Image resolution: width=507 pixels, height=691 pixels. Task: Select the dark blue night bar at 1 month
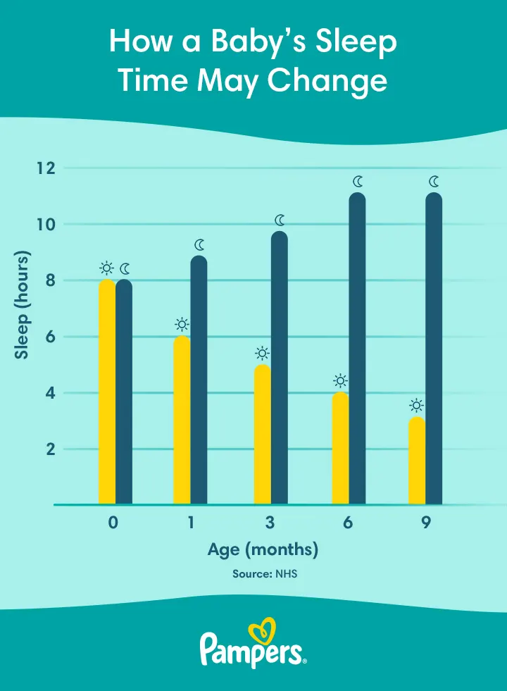click(199, 380)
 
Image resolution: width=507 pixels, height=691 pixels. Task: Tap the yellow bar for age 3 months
click(262, 434)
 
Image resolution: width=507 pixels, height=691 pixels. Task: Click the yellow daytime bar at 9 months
click(417, 461)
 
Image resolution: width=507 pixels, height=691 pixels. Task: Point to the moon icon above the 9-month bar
click(434, 182)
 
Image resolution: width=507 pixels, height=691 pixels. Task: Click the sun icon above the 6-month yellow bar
click(339, 381)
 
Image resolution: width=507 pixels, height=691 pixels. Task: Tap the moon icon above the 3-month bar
click(280, 220)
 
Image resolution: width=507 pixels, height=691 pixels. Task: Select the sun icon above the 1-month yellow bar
click(182, 324)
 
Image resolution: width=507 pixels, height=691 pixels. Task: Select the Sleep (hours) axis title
click(22, 305)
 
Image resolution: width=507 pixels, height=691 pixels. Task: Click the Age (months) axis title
click(263, 549)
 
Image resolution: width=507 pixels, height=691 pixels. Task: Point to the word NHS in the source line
click(286, 574)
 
